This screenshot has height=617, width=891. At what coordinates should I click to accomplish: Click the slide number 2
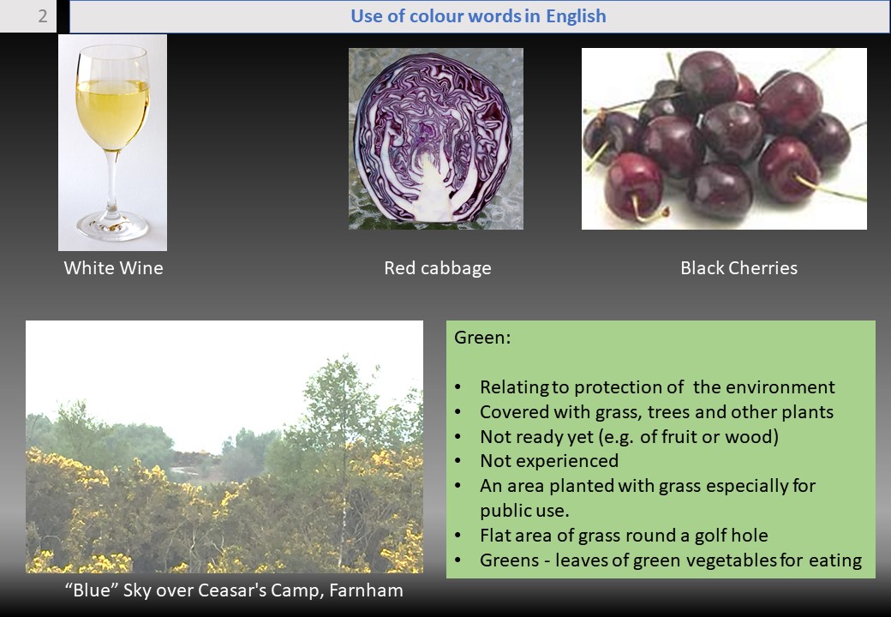pos(43,16)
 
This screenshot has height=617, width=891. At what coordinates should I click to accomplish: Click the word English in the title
pos(576,16)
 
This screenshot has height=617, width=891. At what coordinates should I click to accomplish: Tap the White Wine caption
pos(114,267)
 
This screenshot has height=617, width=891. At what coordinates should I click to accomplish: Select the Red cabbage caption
pos(438,267)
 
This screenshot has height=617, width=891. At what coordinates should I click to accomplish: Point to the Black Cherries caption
pos(739,267)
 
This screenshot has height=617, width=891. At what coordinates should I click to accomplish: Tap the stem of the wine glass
pos(112,182)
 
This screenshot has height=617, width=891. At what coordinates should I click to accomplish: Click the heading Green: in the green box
pos(482,338)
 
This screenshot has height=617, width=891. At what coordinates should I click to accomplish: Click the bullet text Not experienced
pos(549,461)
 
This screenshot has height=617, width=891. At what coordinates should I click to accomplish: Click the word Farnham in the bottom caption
pos(366,590)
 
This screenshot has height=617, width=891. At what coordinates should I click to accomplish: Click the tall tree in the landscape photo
pos(341,454)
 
